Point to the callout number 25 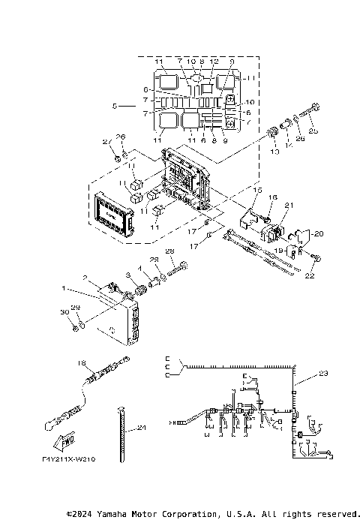(x=313, y=131)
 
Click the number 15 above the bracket (x=257, y=191)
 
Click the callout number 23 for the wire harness (x=323, y=372)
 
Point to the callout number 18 (x=82, y=362)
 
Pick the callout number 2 (x=85, y=278)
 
